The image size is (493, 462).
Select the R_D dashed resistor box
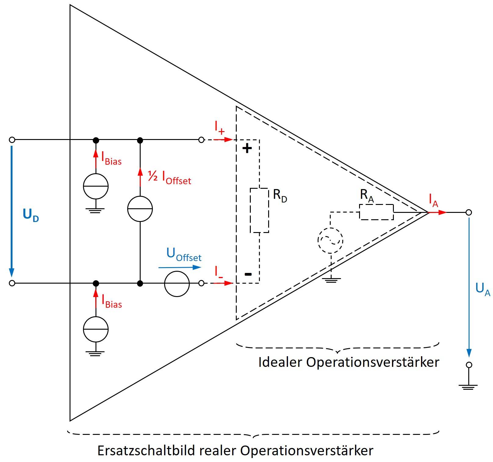(259, 210)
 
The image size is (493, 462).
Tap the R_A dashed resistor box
(376, 212)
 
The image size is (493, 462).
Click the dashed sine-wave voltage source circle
(330, 240)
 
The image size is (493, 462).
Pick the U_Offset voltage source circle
(177, 284)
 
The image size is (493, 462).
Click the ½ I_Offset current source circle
(140, 209)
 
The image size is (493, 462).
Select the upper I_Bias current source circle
(96, 186)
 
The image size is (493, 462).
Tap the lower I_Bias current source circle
(96, 329)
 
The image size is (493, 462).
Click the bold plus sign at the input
(247, 149)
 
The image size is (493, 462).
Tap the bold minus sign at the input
(248, 274)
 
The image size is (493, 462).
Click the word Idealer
(280, 362)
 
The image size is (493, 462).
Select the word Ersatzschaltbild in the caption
(146, 450)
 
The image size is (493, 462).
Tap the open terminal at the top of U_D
(12, 140)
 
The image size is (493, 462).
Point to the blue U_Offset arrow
(180, 267)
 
